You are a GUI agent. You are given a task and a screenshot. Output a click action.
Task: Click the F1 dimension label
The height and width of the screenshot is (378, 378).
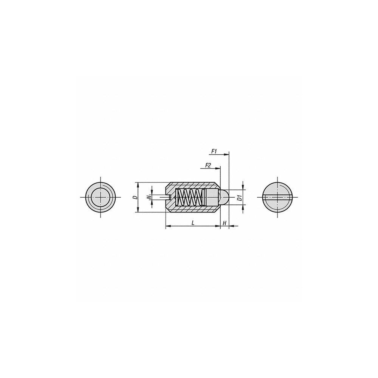pyautogui.click(x=213, y=151)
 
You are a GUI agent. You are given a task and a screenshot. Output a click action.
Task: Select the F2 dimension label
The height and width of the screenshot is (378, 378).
pyautogui.click(x=208, y=165)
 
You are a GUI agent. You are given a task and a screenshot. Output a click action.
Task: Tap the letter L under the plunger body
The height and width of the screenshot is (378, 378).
pyautogui.click(x=193, y=223)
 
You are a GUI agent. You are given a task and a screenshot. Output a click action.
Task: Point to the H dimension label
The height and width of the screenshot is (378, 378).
pyautogui.click(x=224, y=223)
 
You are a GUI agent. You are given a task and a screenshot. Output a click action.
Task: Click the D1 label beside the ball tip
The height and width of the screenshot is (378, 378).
pyautogui.click(x=239, y=197)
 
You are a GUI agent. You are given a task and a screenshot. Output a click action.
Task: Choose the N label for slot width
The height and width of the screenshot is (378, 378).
pyautogui.click(x=149, y=197)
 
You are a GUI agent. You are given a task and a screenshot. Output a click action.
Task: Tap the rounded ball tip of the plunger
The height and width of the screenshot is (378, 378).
pyautogui.click(x=224, y=197)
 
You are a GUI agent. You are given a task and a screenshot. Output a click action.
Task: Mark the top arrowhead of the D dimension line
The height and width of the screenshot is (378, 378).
pyautogui.click(x=138, y=184)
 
